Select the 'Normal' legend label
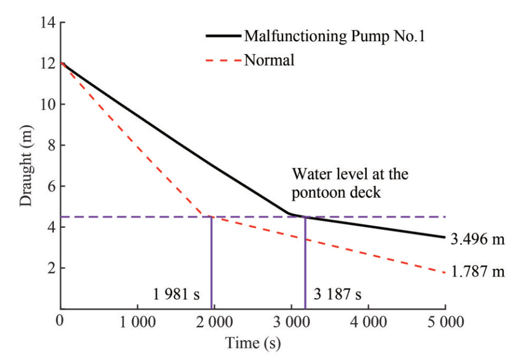[x=269, y=59]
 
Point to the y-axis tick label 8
[x=50, y=146]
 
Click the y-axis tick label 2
[x=50, y=269]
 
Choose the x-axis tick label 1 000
[x=137, y=321]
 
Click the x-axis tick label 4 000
[x=369, y=321]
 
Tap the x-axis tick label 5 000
[x=445, y=321]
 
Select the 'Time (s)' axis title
[x=253, y=343]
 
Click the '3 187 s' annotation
[x=337, y=294]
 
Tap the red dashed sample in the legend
[x=223, y=59]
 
